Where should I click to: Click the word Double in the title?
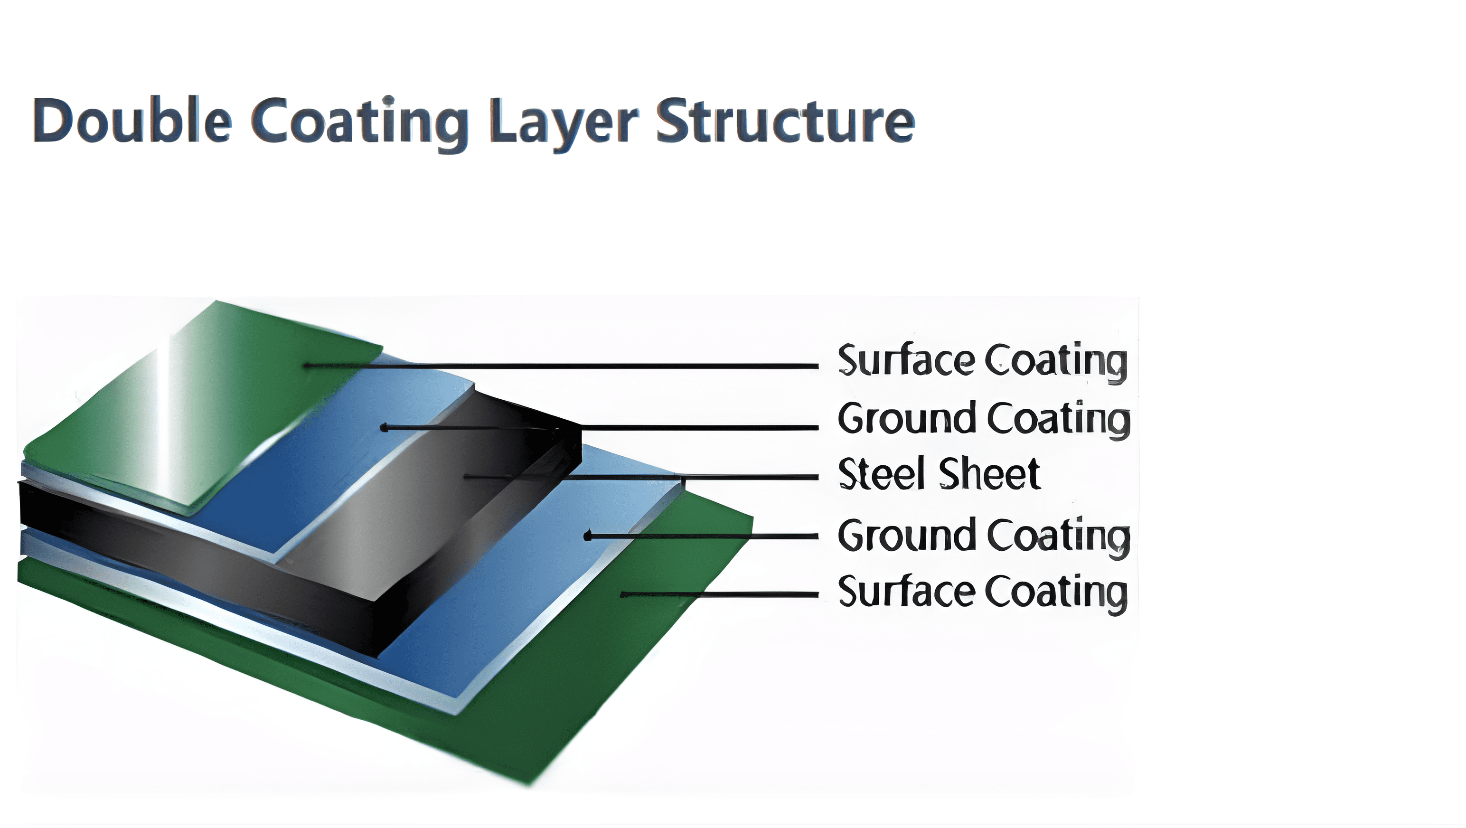tap(132, 121)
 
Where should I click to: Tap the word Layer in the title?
tap(564, 122)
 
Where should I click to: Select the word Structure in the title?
tap(785, 121)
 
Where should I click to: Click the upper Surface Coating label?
tap(982, 361)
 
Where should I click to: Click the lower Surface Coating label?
tap(982, 593)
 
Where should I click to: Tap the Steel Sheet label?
tap(940, 474)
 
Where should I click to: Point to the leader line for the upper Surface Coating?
tap(569, 366)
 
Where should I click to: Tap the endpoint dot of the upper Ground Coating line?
tap(384, 427)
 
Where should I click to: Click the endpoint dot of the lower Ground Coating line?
tap(588, 536)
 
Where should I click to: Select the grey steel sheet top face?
tap(410, 512)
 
